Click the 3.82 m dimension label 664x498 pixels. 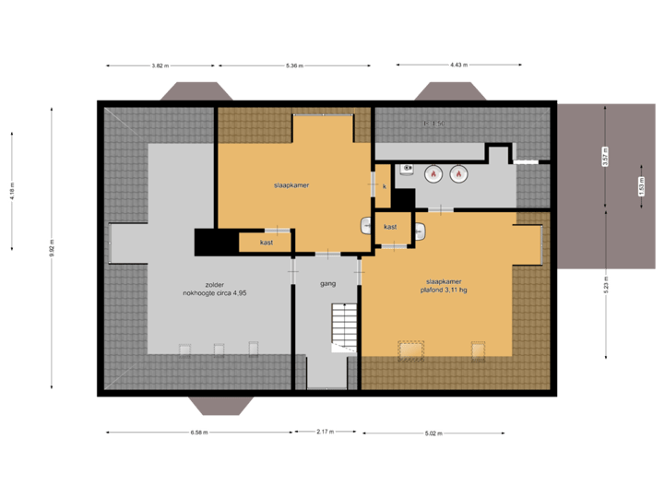(160, 65)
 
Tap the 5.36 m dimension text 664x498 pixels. (294, 65)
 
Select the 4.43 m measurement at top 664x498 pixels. (458, 65)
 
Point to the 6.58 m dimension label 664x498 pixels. (198, 432)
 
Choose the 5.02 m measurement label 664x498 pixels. (434, 432)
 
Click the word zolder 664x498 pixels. (215, 284)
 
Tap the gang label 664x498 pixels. (326, 284)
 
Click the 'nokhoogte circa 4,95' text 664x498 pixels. (215, 293)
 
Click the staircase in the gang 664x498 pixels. (343, 328)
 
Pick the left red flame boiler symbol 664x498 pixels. (432, 172)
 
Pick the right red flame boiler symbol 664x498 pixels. (458, 172)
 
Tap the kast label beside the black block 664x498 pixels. (266, 243)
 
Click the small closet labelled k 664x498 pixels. (384, 186)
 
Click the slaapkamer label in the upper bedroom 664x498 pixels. (290, 185)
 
